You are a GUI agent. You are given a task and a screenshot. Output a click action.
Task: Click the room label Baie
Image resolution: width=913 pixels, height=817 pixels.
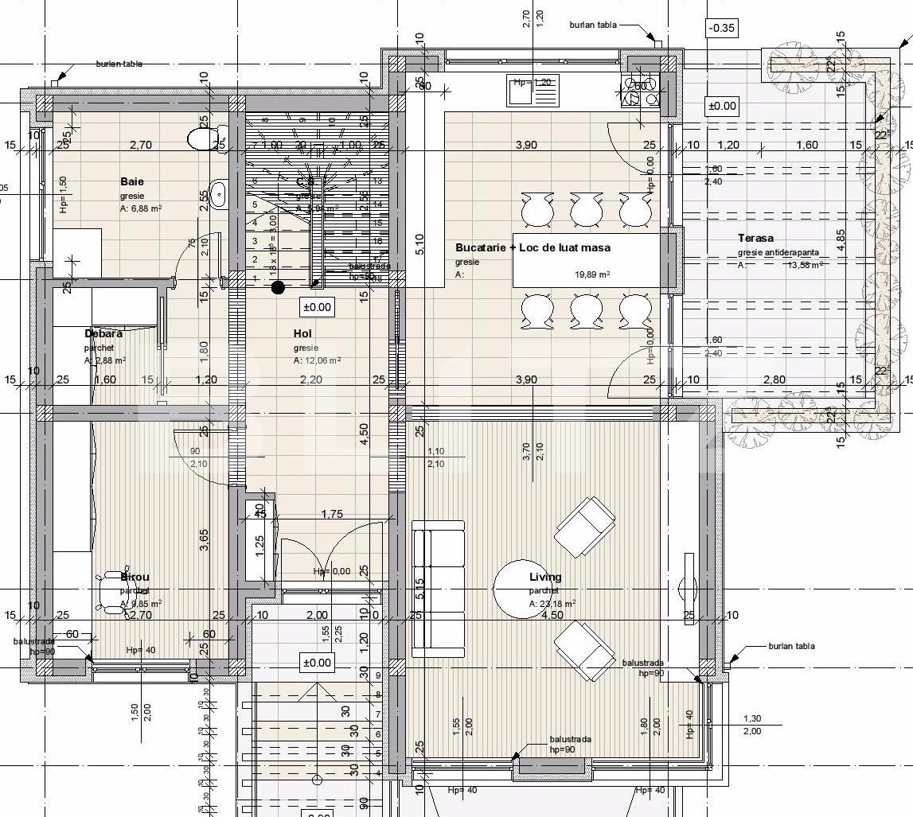132,181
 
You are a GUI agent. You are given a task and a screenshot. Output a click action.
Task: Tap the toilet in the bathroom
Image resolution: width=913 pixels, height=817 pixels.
200,139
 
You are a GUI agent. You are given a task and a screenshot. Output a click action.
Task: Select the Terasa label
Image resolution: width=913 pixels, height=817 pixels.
755,238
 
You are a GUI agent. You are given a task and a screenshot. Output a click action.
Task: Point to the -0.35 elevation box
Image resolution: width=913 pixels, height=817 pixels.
722,28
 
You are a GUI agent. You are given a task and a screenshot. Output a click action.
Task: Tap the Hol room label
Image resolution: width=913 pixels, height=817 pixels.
302,334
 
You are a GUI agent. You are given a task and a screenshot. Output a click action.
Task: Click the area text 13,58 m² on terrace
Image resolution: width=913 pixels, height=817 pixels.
803,266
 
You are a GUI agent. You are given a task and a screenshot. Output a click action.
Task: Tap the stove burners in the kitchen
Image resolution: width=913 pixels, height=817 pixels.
642,91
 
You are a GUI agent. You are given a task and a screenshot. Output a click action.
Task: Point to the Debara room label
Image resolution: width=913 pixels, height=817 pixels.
103,334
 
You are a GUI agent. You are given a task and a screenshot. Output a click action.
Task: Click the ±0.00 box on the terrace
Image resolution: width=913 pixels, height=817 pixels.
723,106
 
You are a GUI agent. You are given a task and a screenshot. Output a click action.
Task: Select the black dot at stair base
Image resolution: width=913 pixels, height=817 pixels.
278,287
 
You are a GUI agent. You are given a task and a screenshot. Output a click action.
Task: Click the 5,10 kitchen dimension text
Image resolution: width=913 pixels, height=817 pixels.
419,255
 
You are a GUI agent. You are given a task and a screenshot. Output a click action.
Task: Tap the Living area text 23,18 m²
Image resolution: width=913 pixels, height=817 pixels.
552,604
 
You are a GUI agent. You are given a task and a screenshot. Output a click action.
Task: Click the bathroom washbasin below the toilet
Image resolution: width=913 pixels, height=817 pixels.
217,192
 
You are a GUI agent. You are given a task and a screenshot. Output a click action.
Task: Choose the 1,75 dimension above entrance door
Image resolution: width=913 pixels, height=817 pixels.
332,515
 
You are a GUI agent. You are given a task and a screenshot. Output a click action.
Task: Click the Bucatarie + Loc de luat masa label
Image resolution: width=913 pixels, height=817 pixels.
533,247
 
